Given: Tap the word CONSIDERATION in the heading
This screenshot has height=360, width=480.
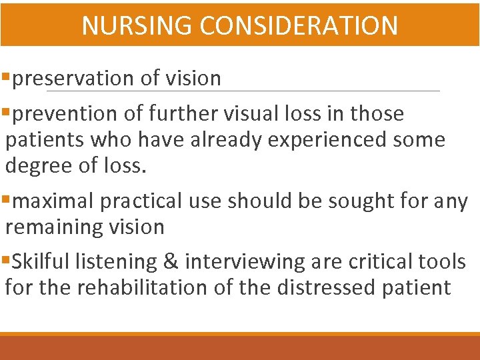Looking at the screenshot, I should point(298,25).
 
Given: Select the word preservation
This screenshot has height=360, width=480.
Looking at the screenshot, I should point(73,79).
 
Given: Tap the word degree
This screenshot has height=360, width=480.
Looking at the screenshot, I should point(39,166).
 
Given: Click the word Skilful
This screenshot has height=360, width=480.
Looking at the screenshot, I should point(40,262).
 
